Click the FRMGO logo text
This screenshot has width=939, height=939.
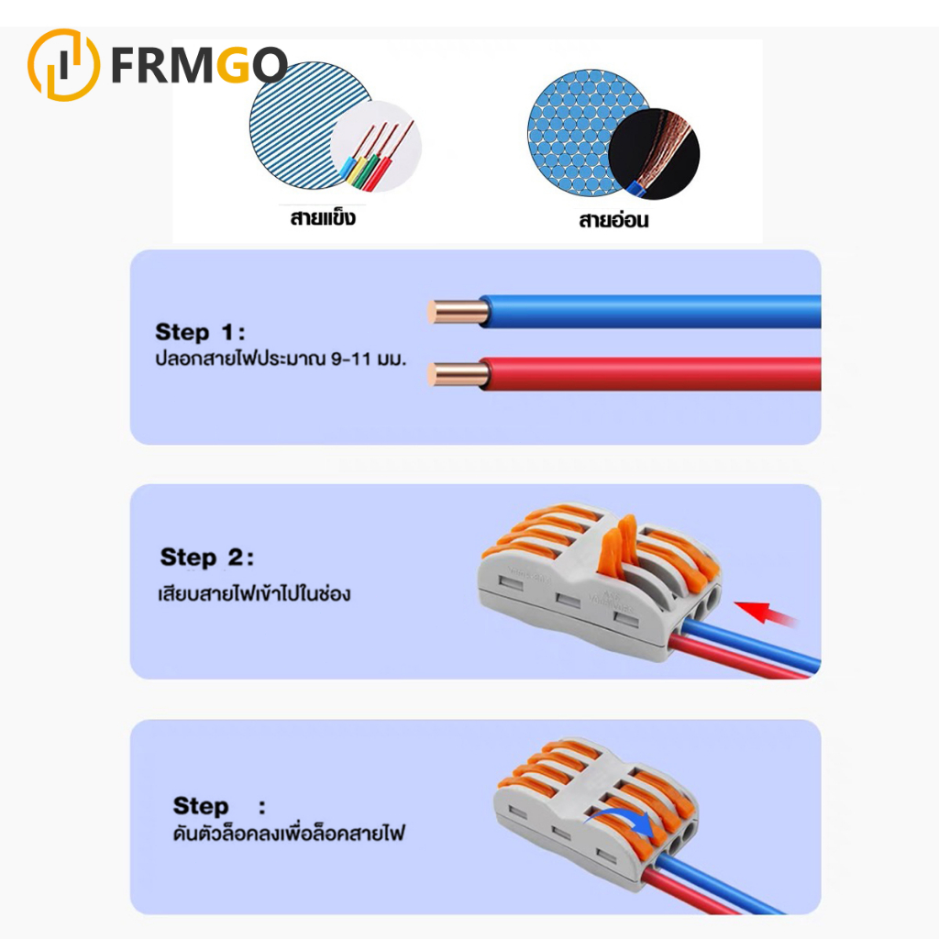click(x=199, y=65)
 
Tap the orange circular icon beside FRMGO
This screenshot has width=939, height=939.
click(x=64, y=65)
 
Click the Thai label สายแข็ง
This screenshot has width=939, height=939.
click(x=323, y=216)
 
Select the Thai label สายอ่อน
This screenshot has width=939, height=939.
click(x=613, y=220)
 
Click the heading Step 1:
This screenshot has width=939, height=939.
click(x=200, y=332)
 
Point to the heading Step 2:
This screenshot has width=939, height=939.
click(x=206, y=557)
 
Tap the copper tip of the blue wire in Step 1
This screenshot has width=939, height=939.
click(x=458, y=312)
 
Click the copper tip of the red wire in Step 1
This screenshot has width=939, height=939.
click(x=458, y=375)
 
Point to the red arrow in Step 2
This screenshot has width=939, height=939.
click(x=766, y=613)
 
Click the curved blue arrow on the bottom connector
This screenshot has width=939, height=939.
click(x=623, y=819)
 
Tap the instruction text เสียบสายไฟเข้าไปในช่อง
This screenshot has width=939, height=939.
click(x=254, y=593)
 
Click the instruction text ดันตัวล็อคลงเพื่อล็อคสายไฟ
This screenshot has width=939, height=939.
click(x=289, y=832)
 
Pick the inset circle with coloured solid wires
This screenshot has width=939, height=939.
click(x=376, y=147)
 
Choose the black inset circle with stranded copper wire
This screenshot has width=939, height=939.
click(x=654, y=154)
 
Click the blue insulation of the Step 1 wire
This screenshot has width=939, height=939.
click(x=651, y=312)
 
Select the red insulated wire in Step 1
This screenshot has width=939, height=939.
click(x=651, y=374)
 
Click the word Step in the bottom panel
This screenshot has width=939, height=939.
click(x=201, y=806)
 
